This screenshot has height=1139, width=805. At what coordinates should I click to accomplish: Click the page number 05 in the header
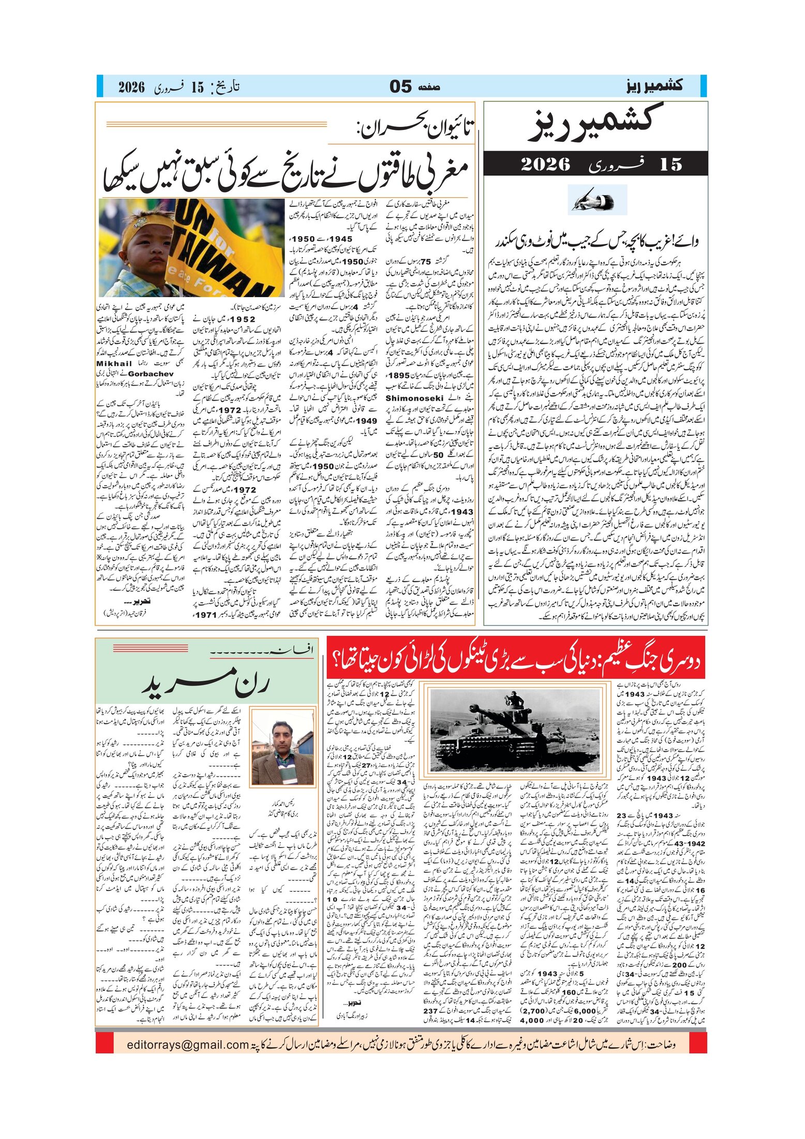tap(401, 86)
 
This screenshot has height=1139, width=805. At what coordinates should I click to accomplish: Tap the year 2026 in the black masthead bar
tap(545, 164)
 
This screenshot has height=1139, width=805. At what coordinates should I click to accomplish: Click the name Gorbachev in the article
tap(151, 373)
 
